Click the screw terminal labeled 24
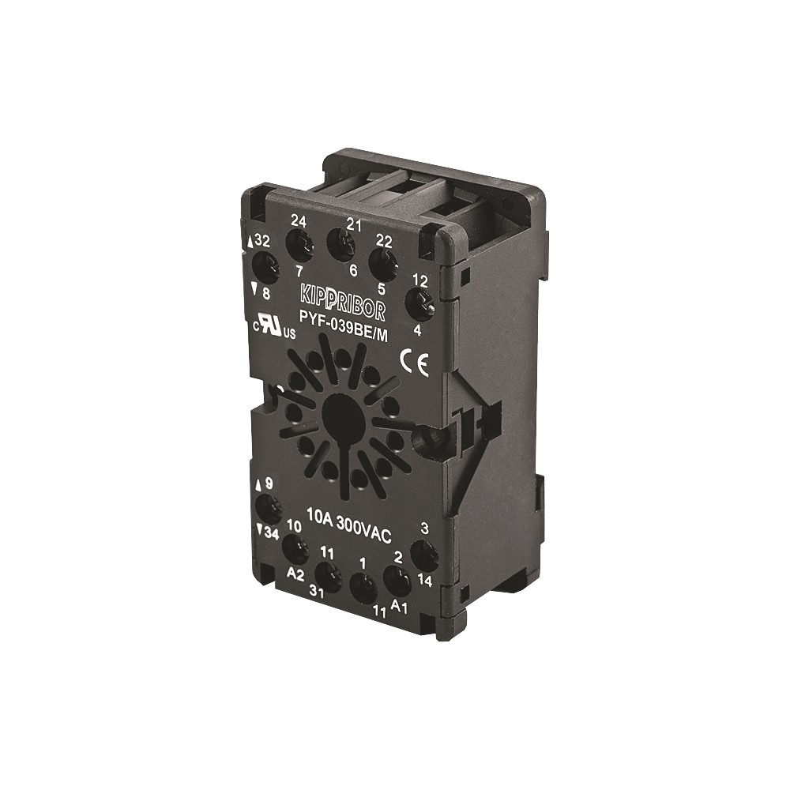pos(299,246)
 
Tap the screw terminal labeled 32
pos(265,267)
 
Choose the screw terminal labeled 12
pos(419,306)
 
